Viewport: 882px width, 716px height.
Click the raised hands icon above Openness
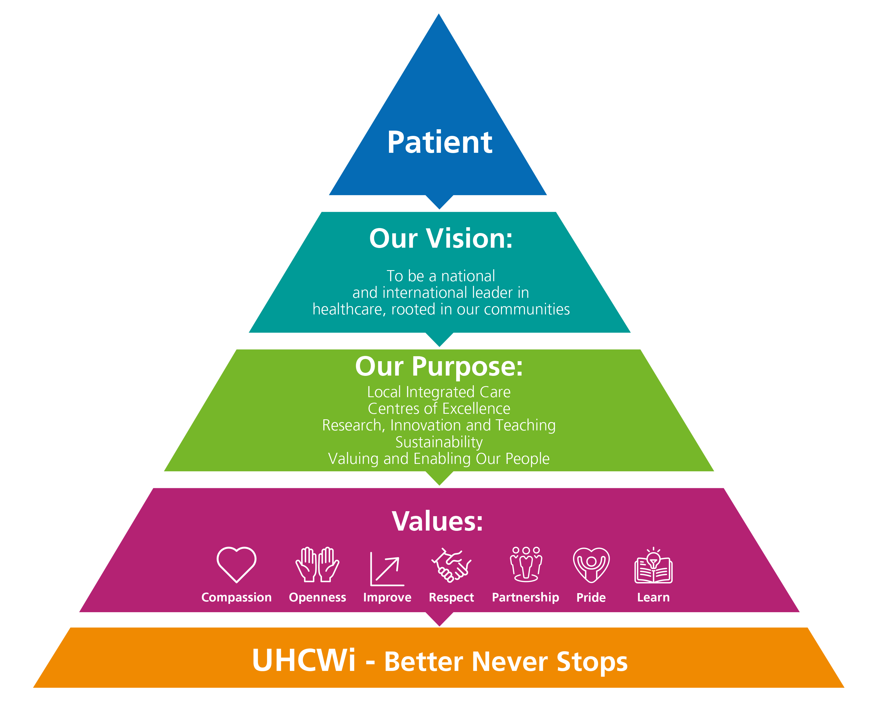(x=317, y=564)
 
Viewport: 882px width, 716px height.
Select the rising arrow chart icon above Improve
(x=387, y=569)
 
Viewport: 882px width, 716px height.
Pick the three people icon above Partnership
(x=526, y=564)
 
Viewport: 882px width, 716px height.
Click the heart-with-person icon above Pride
(x=591, y=565)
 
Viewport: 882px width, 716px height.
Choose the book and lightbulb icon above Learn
(x=653, y=566)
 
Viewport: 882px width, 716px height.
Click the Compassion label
(x=236, y=598)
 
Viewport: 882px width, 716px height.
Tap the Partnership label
(x=525, y=598)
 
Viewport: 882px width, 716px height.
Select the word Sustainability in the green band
(x=439, y=442)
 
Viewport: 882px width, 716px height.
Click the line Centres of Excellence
(x=439, y=409)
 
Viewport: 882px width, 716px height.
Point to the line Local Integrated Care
(x=439, y=392)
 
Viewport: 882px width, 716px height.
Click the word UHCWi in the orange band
(x=304, y=661)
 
